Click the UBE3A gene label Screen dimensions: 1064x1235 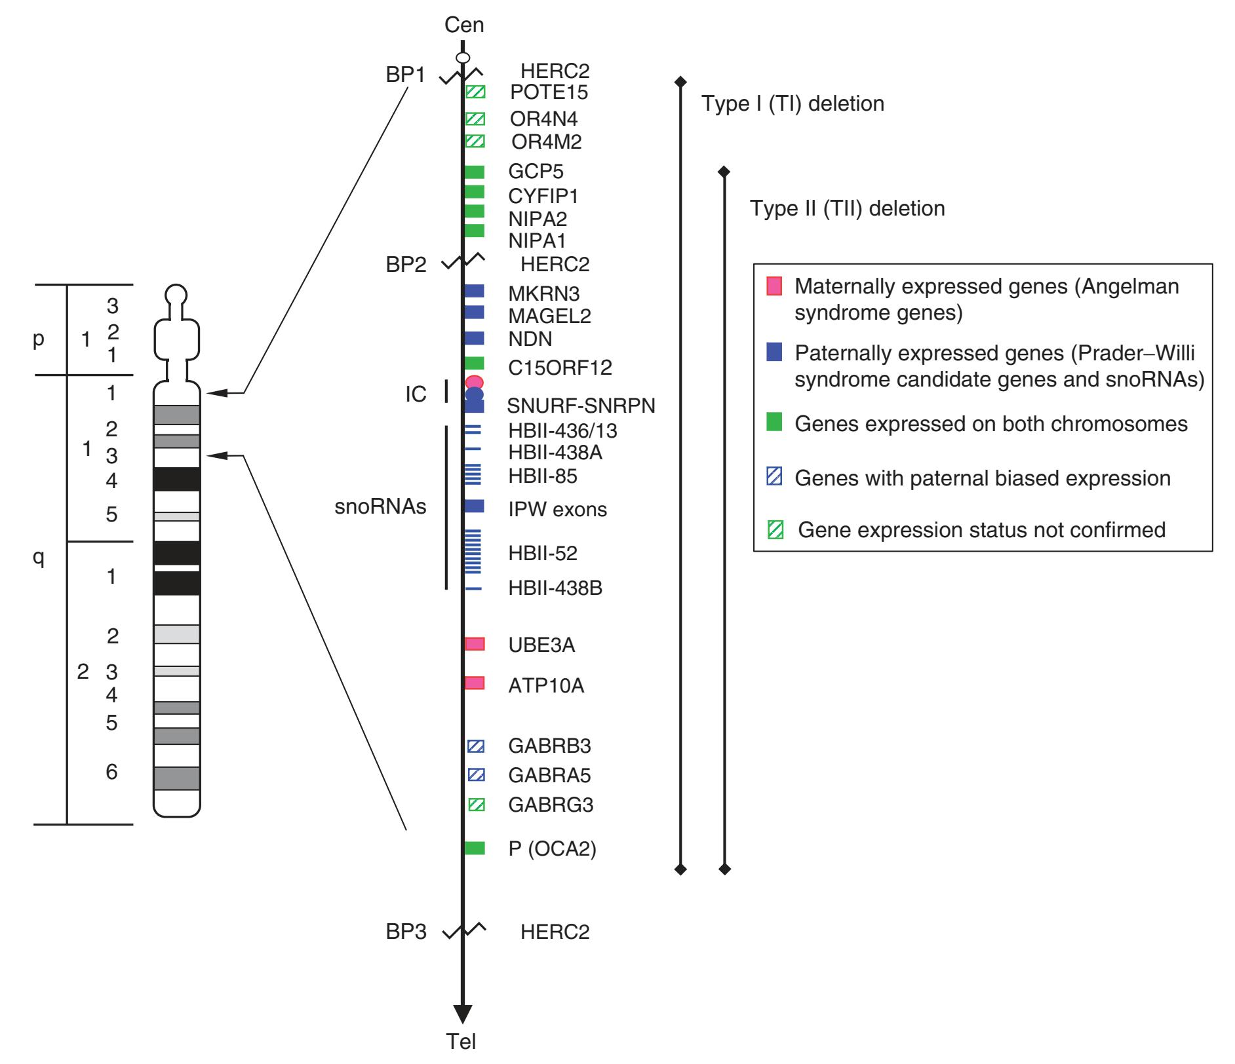pyautogui.click(x=541, y=645)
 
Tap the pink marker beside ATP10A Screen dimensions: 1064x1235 pyautogui.click(x=475, y=683)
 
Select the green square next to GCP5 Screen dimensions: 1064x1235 pyautogui.click(x=475, y=172)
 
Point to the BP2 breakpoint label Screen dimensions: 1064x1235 pyautogui.click(x=406, y=265)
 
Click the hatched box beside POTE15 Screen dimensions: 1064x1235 pyautogui.click(x=475, y=92)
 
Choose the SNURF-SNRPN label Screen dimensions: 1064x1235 pyautogui.click(x=581, y=406)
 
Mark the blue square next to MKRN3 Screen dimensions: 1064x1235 pyautogui.click(x=474, y=291)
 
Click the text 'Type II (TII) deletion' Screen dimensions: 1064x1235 pyautogui.click(x=847, y=208)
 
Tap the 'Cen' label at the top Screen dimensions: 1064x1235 pyautogui.click(x=464, y=25)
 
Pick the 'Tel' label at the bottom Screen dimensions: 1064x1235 pyautogui.click(x=461, y=1041)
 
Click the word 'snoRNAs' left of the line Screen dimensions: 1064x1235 pyautogui.click(x=380, y=506)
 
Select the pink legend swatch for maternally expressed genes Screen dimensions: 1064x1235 pyautogui.click(x=774, y=286)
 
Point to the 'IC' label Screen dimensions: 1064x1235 pyautogui.click(x=416, y=394)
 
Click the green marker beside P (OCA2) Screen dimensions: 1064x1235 pyautogui.click(x=475, y=848)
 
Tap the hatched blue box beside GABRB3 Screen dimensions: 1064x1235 pyautogui.click(x=476, y=746)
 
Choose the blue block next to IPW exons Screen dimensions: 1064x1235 pyautogui.click(x=474, y=506)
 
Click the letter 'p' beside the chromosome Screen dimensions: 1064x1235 pyautogui.click(x=39, y=339)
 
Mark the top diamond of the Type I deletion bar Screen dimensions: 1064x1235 pyautogui.click(x=681, y=82)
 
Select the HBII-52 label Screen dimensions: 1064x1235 pyautogui.click(x=543, y=553)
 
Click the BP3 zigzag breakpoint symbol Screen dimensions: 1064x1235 pyautogui.click(x=464, y=930)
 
